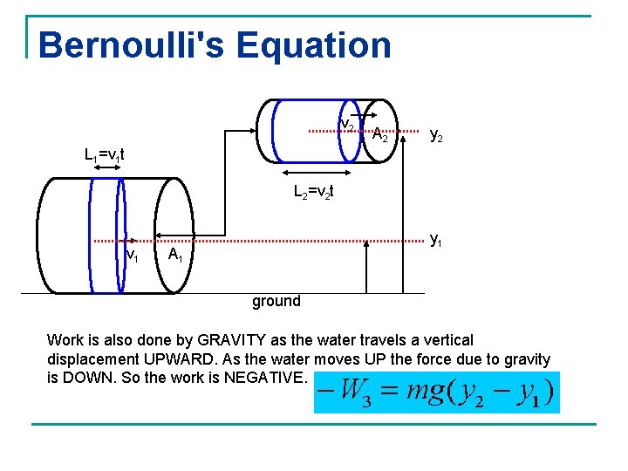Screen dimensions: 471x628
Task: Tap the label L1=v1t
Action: [x=104, y=155]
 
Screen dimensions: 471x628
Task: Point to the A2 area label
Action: [x=380, y=135]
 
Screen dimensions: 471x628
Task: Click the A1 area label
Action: [x=175, y=255]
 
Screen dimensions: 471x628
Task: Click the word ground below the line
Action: [x=276, y=301]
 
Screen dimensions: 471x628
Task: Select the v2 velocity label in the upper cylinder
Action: [x=346, y=126]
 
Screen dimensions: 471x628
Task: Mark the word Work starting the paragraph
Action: [x=65, y=340]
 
